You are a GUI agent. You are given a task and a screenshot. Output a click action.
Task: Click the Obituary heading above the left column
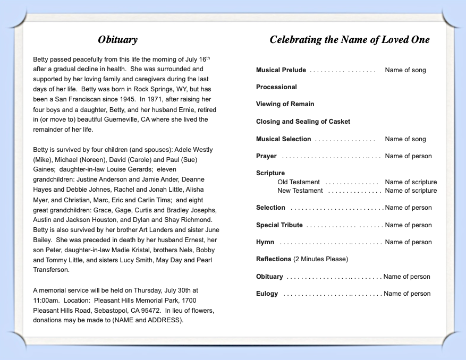point(118,40)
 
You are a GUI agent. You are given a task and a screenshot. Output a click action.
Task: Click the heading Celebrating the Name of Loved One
point(350,40)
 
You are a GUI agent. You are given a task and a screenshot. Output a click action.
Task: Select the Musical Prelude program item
point(281,70)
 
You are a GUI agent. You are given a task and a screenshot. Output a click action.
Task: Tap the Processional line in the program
point(276,87)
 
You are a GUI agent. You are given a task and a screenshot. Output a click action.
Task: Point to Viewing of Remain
point(285,104)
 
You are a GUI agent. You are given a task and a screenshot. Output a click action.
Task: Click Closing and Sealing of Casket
point(303,122)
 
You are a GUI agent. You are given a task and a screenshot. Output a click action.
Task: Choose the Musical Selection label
point(283,139)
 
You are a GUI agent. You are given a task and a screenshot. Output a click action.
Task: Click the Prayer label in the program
point(266,156)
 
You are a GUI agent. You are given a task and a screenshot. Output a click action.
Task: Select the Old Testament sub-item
point(299,182)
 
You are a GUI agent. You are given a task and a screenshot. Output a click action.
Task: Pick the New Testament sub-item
point(300,191)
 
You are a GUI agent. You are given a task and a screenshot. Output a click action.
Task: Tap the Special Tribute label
point(279,225)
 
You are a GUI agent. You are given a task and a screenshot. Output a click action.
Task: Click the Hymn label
point(265,242)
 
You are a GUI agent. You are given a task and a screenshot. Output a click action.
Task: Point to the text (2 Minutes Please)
point(320,259)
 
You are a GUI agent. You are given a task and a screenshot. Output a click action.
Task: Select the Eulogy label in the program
point(267,294)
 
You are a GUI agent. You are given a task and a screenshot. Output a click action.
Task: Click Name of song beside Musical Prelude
point(405,70)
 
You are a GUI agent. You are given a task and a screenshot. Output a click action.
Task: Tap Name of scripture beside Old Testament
point(411,182)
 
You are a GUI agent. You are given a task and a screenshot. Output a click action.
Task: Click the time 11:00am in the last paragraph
point(45,301)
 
